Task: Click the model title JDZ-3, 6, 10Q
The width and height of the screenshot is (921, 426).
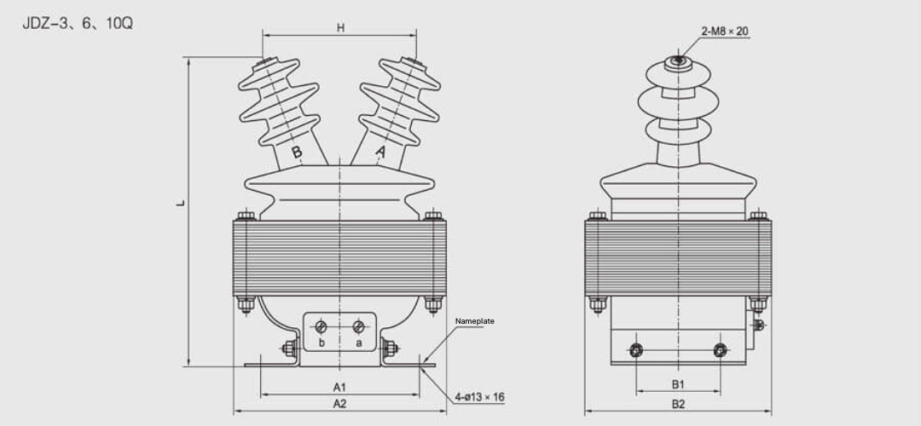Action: (x=78, y=23)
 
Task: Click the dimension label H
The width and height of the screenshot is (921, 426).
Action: (x=340, y=27)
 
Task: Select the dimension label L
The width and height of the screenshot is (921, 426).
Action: (x=181, y=204)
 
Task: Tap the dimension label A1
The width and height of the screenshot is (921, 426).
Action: (x=339, y=387)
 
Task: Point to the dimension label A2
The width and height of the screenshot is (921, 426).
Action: (x=339, y=403)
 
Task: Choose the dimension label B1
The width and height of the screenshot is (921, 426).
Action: (x=678, y=385)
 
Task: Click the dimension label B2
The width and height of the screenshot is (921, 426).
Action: (x=678, y=404)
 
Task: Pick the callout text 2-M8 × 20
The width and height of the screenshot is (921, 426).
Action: (x=725, y=32)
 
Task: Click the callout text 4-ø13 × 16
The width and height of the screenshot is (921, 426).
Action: (x=479, y=397)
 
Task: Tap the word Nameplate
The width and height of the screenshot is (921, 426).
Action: (x=475, y=321)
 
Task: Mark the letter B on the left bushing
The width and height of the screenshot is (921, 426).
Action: (x=297, y=153)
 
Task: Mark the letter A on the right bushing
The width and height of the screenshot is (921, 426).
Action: (x=381, y=153)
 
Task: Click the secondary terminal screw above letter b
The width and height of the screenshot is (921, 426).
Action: (x=321, y=326)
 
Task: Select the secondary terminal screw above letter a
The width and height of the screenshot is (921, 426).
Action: (x=359, y=326)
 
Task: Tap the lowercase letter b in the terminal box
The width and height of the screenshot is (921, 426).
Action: (x=321, y=343)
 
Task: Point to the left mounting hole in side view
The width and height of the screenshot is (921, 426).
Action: (x=635, y=349)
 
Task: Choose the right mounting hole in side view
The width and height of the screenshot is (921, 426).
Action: (x=721, y=349)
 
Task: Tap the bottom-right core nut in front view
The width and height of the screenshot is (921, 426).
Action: (x=433, y=303)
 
